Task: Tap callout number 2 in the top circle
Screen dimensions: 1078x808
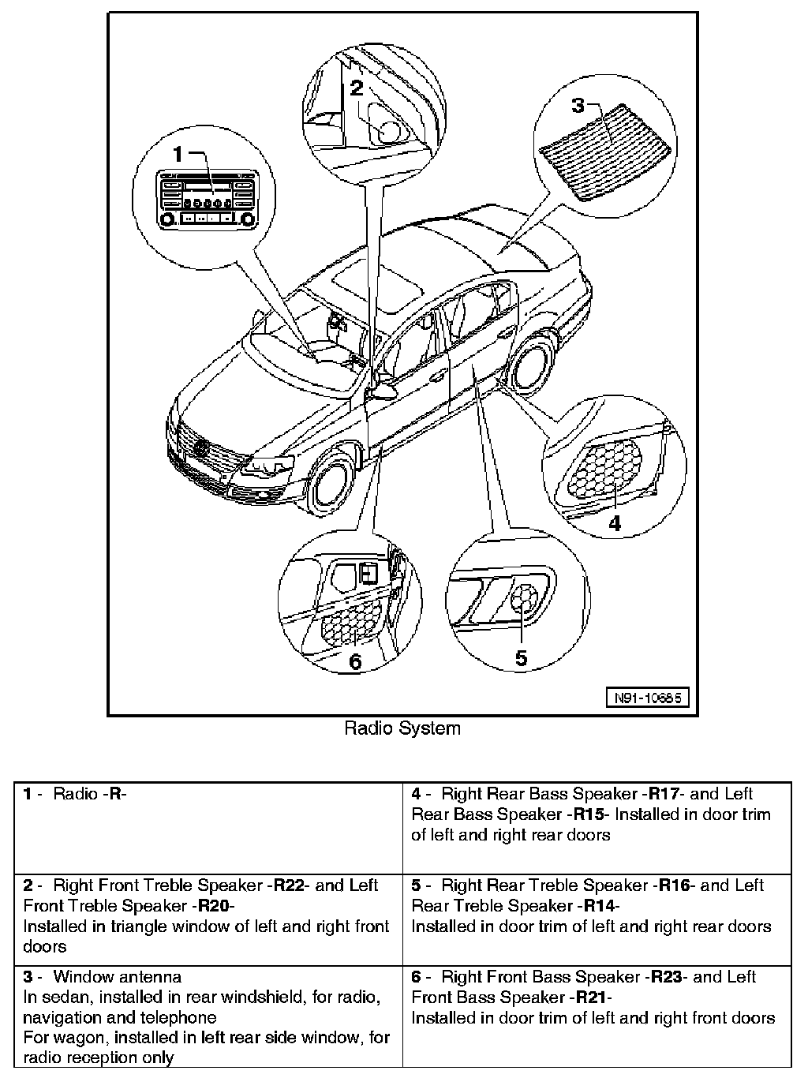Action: pos(357,87)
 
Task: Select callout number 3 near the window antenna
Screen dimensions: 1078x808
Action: pos(578,104)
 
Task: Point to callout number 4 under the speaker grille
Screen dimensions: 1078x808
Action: pos(614,522)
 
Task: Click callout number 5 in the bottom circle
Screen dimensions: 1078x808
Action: pos(521,658)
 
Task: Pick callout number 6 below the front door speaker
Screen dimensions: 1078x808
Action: pos(355,661)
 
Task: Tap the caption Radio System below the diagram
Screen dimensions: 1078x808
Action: pos(402,728)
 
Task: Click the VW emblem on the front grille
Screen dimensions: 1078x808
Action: pos(200,450)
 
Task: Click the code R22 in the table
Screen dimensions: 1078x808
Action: pos(288,885)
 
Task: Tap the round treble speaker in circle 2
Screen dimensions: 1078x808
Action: pos(389,131)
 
